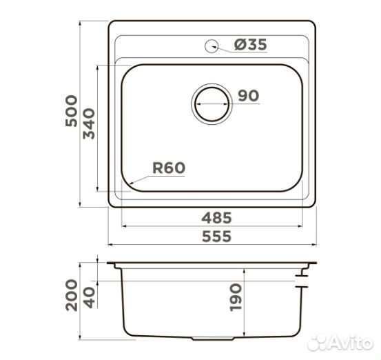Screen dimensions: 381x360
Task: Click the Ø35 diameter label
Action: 251,45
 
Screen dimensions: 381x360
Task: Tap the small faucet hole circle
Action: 212,46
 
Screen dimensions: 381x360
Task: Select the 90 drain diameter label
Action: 248,95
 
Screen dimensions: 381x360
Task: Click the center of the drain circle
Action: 212,104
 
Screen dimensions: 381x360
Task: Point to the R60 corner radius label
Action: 169,168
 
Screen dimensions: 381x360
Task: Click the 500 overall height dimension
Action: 72,111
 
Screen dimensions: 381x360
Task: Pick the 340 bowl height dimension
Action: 89,123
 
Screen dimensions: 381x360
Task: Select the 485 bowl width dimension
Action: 216,218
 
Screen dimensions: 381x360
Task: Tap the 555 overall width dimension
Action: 216,237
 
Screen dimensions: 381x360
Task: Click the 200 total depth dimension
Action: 72,295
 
